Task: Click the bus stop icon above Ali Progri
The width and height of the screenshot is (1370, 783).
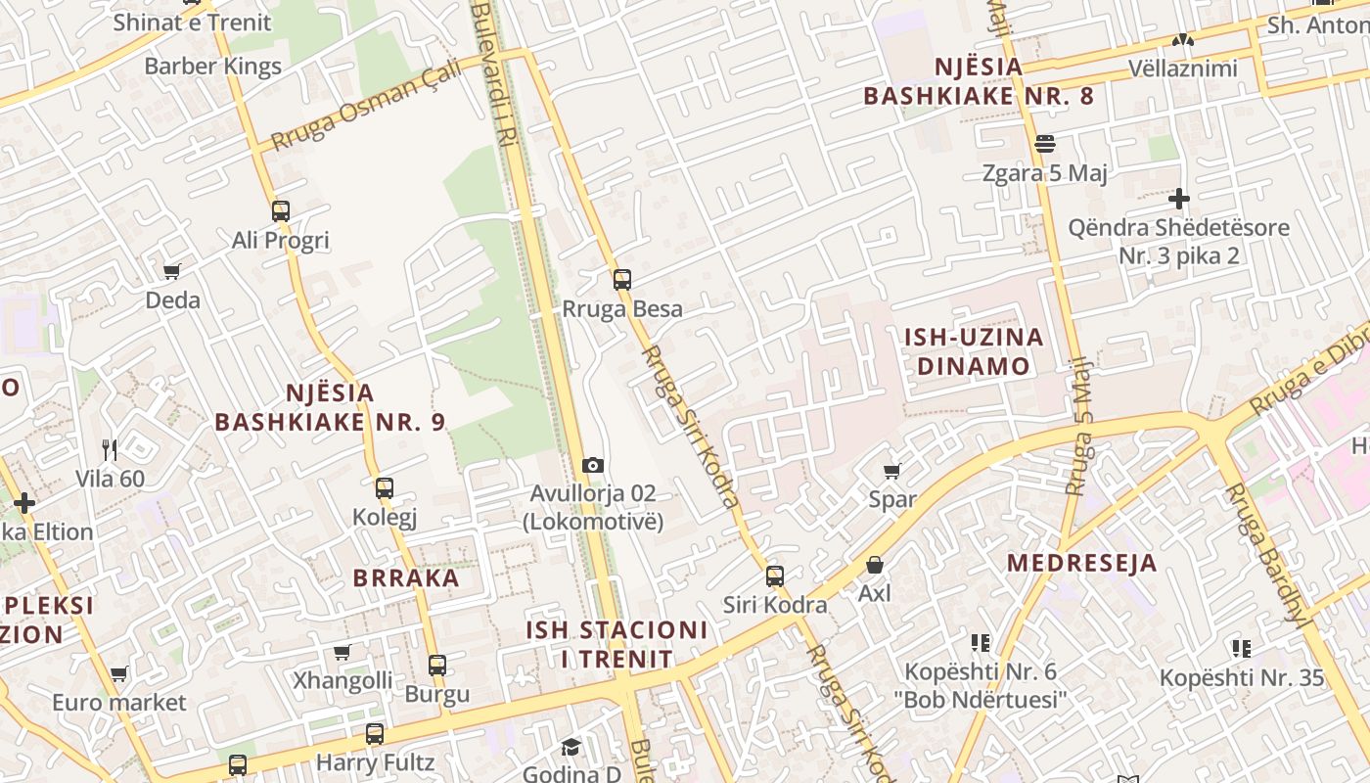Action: tap(281, 210)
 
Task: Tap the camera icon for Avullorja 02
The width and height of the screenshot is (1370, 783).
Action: tap(592, 465)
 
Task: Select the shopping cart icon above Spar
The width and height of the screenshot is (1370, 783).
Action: tap(891, 472)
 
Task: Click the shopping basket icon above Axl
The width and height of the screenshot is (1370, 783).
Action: tap(874, 566)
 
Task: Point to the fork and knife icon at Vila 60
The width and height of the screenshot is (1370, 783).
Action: tap(110, 450)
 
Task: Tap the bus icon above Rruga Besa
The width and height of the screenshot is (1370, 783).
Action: tap(622, 280)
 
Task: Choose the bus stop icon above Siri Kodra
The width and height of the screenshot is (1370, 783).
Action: tap(775, 576)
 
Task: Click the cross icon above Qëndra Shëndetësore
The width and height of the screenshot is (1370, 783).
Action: tap(1179, 199)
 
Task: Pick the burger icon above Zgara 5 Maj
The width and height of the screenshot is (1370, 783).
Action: tap(1044, 144)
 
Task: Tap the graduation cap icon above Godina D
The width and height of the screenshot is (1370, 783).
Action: tap(571, 748)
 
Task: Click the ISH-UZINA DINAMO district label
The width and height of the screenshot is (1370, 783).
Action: tap(974, 351)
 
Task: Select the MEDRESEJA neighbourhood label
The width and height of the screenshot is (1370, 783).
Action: tap(1082, 563)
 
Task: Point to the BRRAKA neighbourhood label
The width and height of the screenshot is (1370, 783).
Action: tap(406, 577)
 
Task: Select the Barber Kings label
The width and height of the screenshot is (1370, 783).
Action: tap(212, 67)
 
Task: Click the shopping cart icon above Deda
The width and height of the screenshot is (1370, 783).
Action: tap(172, 271)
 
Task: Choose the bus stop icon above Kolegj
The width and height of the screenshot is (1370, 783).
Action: tap(385, 487)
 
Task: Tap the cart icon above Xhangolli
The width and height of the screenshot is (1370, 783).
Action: tap(342, 652)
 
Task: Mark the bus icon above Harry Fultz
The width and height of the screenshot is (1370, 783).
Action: tap(375, 733)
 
